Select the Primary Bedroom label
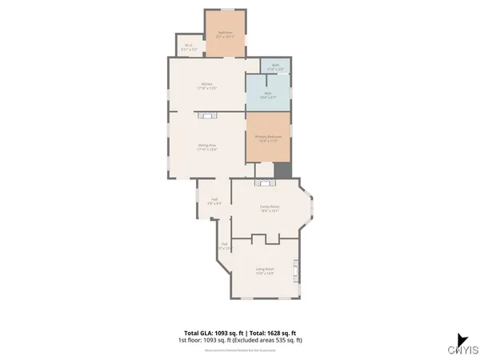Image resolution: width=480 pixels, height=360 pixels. click(x=268, y=137)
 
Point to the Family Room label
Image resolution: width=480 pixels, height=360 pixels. click(x=269, y=206)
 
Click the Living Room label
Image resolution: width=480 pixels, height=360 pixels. click(x=265, y=269)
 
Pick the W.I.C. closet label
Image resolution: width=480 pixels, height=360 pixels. click(x=189, y=45)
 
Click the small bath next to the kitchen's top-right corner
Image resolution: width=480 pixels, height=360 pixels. click(x=275, y=66)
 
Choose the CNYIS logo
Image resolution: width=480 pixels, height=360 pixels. click(x=463, y=346)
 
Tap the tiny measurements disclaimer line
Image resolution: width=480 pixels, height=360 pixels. click(x=240, y=348)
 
